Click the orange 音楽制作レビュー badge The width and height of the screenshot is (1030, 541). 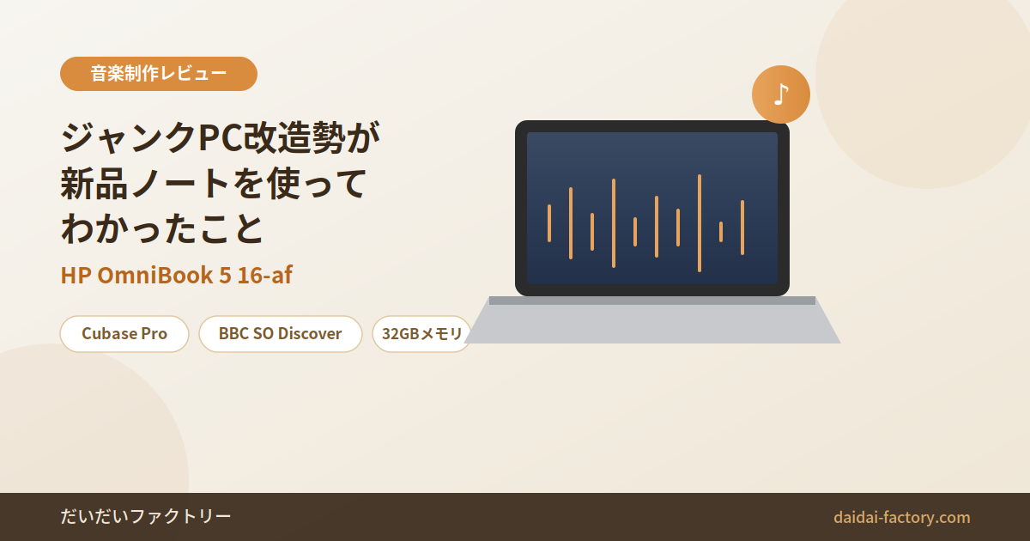pos(159,74)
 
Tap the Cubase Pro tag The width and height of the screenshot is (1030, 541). pos(124,334)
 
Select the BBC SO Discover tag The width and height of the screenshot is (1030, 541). pos(281,334)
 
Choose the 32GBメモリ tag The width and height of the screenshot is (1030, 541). pos(421,334)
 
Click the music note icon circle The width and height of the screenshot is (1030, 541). pos(781,94)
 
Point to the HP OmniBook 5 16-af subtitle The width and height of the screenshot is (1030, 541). pos(177,275)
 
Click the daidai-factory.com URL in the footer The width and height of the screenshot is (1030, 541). pos(902,517)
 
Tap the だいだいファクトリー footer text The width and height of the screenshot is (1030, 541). pos(146,517)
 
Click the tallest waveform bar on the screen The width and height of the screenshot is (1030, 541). pos(700,223)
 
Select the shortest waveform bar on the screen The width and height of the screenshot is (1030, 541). pos(721,232)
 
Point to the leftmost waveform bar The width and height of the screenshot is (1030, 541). pos(549,223)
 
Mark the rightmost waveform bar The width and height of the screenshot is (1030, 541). pos(742,228)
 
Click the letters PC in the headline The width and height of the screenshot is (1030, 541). pos(221,137)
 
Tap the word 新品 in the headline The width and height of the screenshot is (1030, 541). pos(94,184)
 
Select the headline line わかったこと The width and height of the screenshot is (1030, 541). pos(162,228)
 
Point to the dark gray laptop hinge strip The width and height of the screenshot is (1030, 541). pos(652,301)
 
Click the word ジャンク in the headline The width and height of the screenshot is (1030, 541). pos(130,137)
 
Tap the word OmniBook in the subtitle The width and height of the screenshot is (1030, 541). pos(155,275)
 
